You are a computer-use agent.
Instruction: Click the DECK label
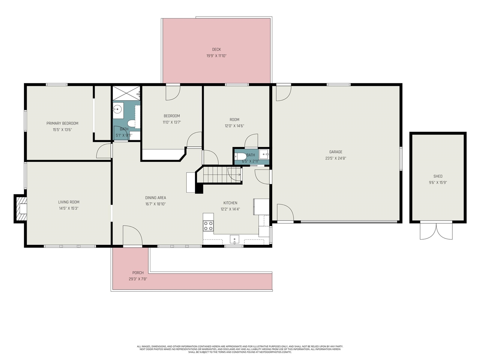click(x=216, y=49)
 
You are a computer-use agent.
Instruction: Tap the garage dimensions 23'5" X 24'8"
click(x=336, y=158)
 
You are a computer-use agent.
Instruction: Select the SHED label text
click(x=438, y=176)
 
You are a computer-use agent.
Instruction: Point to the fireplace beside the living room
click(x=21, y=208)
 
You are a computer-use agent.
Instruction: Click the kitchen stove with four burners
click(x=208, y=226)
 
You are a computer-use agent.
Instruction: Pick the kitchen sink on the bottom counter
click(x=234, y=239)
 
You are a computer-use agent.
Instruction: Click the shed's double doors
click(x=436, y=231)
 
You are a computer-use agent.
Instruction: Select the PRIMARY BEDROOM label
click(x=62, y=123)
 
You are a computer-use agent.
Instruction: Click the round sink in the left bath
click(x=118, y=110)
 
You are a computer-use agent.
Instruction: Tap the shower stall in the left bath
click(x=126, y=93)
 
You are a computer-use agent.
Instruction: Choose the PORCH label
click(x=138, y=273)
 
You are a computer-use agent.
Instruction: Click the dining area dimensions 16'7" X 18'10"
click(x=156, y=204)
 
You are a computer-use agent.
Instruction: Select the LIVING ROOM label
click(x=69, y=202)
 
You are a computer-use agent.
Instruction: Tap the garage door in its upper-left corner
click(x=283, y=93)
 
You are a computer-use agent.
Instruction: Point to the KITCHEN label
click(x=230, y=203)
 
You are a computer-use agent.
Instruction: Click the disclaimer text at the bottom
click(x=240, y=349)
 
